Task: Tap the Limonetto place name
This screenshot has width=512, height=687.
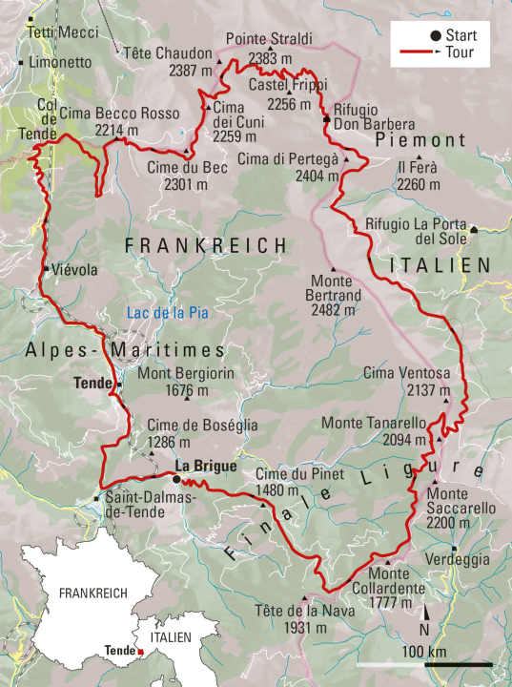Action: (60, 62)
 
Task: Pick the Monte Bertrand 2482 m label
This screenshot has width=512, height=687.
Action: (335, 296)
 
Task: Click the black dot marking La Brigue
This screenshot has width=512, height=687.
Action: (175, 479)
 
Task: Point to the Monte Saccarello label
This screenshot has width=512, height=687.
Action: (461, 502)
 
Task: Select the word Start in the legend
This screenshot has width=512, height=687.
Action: (461, 36)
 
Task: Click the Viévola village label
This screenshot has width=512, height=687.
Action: (75, 270)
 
